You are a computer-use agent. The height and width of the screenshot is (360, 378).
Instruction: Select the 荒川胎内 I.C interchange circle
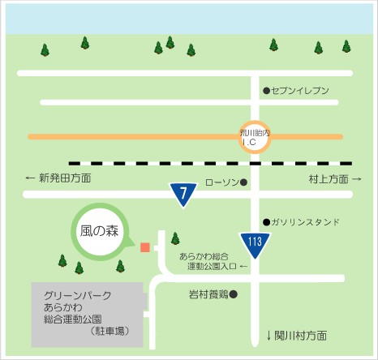point(255,137)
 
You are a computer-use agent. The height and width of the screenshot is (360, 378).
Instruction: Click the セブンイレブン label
point(300,91)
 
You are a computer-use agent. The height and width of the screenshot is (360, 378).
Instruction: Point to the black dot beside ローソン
point(243,182)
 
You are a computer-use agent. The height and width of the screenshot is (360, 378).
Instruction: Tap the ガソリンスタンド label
point(305,222)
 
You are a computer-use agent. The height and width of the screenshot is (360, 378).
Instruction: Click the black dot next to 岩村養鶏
point(234,294)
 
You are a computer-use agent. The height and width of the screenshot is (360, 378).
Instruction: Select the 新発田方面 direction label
point(65,178)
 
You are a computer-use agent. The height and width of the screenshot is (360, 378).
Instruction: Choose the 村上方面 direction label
point(329,179)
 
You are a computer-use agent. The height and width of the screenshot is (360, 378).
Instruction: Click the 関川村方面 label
point(301,336)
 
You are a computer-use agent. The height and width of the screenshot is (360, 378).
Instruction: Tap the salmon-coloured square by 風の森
point(145,247)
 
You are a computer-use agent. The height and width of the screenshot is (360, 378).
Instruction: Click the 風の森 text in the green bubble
point(99,231)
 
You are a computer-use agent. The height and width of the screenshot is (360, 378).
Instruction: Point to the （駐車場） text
point(110,331)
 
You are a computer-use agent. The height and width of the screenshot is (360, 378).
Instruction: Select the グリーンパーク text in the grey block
point(78,295)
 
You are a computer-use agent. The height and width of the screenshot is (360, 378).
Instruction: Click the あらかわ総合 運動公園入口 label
point(208,261)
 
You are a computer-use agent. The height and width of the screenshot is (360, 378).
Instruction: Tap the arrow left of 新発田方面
point(30,178)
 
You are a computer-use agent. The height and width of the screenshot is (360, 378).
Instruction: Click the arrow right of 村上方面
point(357,179)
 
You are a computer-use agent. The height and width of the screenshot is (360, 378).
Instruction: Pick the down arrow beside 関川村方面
point(268,336)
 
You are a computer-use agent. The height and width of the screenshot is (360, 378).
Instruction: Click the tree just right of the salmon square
point(175,238)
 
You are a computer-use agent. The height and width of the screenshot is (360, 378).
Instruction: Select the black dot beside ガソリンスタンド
point(266,222)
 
